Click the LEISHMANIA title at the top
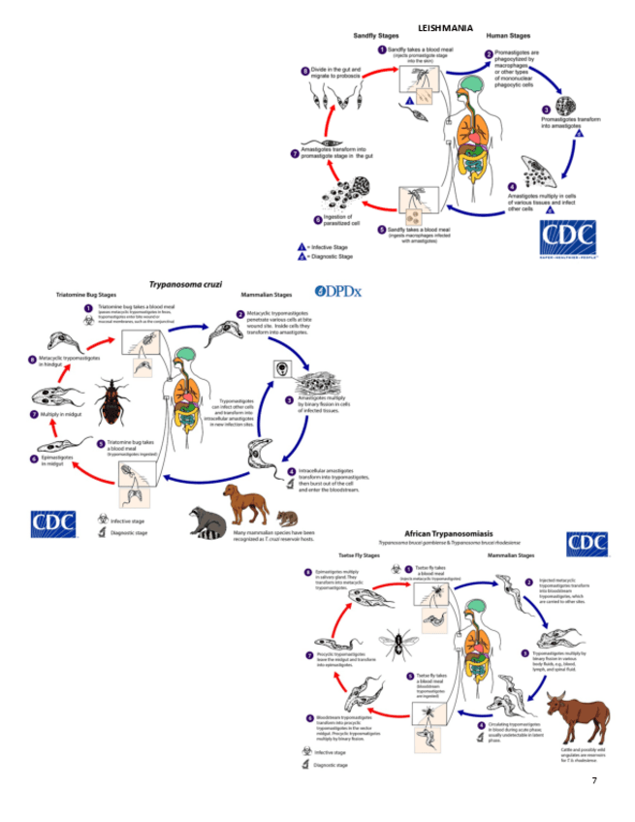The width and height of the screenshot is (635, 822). click(x=445, y=28)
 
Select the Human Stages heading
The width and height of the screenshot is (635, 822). click(x=509, y=36)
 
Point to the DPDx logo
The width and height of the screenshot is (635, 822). click(x=338, y=291)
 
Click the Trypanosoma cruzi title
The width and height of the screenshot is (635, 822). click(x=185, y=285)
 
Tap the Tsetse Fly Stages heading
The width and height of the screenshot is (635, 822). click(x=358, y=554)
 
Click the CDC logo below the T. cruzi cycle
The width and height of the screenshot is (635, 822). click(x=52, y=523)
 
